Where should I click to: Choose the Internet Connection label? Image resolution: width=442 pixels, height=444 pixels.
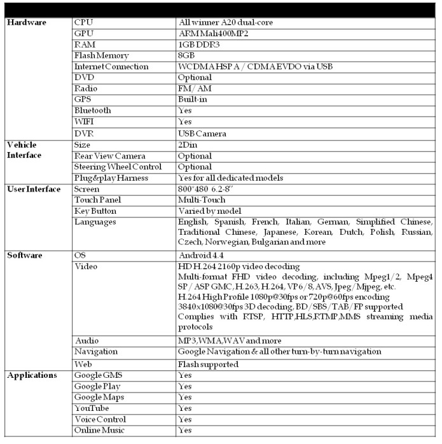(111, 66)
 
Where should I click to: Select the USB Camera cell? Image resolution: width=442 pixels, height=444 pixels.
(202, 134)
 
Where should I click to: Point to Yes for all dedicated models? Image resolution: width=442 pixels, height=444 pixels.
(230, 178)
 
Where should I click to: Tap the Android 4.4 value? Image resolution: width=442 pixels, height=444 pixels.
(201, 255)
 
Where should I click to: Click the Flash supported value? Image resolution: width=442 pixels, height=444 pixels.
(208, 364)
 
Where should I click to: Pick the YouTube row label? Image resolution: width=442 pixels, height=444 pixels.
(92, 408)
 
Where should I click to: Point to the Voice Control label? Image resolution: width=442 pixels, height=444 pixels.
(100, 419)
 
